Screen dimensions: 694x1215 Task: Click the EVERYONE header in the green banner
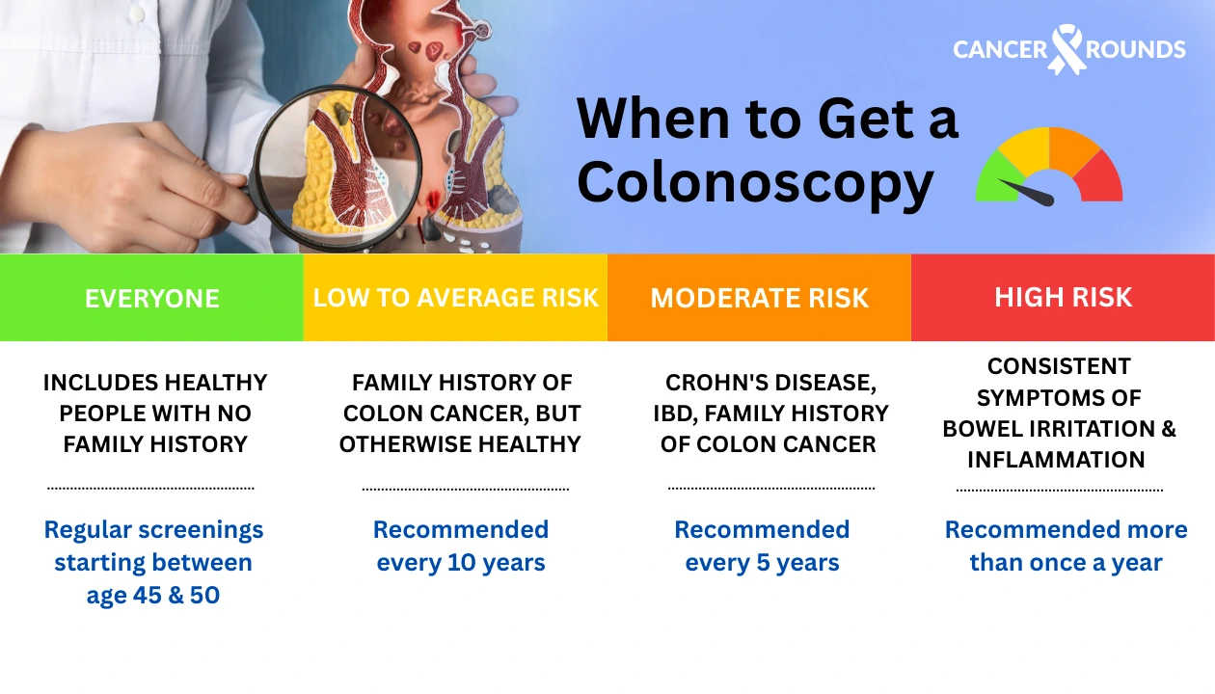click(x=151, y=298)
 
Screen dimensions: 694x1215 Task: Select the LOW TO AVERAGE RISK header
click(x=455, y=297)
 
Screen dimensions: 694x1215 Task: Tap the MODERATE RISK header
click(x=759, y=298)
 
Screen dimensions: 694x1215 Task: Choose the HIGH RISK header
click(x=1063, y=297)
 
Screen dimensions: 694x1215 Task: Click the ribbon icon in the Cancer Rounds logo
click(x=1067, y=48)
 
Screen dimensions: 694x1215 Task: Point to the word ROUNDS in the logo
click(x=1137, y=49)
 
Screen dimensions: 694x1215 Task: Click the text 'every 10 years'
click(x=461, y=563)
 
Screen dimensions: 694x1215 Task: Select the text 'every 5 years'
click(x=762, y=563)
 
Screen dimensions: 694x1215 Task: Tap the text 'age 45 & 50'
click(x=153, y=596)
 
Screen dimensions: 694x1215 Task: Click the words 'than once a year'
click(x=1066, y=563)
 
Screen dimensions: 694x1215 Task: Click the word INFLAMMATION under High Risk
click(x=1056, y=460)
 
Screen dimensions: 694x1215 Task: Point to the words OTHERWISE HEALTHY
click(x=460, y=444)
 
